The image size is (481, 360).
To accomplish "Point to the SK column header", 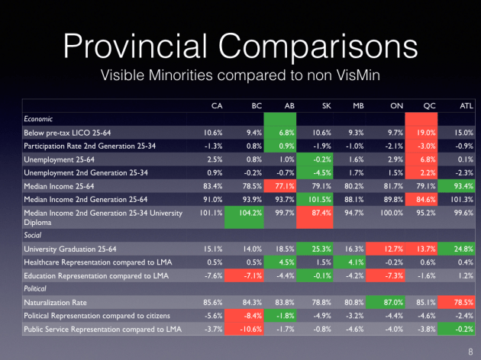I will click(x=303, y=106).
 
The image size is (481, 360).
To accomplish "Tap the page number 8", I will click(x=468, y=349).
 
